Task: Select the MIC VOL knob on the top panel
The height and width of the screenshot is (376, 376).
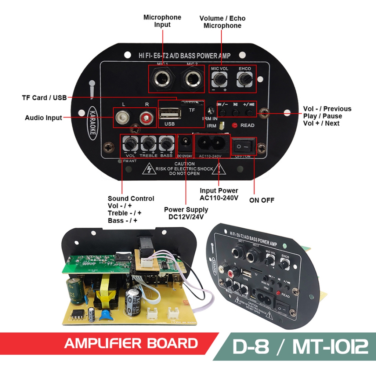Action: tap(220, 79)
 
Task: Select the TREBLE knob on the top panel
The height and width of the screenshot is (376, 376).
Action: tap(148, 144)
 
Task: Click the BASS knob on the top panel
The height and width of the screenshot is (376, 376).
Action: tap(166, 144)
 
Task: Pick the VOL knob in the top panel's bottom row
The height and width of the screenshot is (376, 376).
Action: tap(130, 144)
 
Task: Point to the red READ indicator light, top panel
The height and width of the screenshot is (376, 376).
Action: tap(234, 125)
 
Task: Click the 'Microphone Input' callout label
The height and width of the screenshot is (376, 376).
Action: tap(162, 21)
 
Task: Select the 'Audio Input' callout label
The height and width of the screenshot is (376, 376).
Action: tap(43, 118)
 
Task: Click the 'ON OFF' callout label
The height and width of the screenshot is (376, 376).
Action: tap(262, 200)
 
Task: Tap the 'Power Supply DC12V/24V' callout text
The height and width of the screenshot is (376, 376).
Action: tap(186, 213)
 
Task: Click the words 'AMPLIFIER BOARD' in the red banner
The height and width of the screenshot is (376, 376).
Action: tap(131, 343)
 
